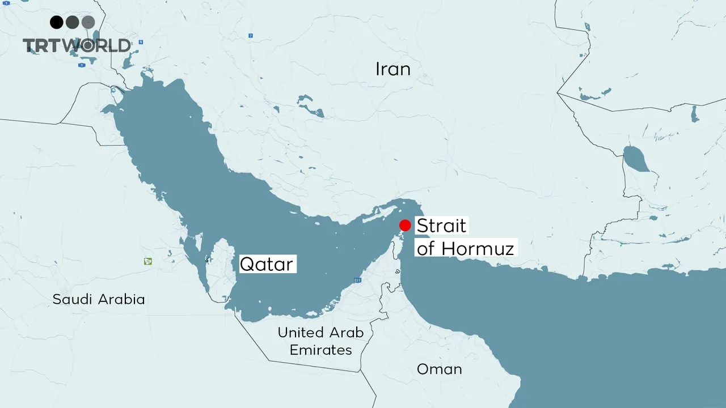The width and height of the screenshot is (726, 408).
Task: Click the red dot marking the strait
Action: pos(405,225)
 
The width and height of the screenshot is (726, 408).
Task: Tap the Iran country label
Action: pos(393,69)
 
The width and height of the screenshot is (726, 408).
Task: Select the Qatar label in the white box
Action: pos(267,264)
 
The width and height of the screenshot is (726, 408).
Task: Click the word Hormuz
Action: pos(478,248)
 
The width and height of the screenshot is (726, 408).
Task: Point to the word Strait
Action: pos(441,226)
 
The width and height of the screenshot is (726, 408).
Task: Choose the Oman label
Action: pos(439,369)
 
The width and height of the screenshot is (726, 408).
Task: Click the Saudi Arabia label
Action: pos(99,299)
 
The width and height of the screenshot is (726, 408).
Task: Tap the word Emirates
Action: pos(320,350)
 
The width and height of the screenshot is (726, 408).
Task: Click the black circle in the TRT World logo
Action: pos(56,22)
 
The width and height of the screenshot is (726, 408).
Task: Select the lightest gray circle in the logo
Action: pos(88,22)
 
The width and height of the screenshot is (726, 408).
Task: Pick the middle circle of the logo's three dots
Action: pos(72,22)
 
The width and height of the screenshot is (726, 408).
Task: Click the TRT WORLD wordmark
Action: pos(77,46)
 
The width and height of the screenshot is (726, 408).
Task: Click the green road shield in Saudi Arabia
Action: pos(148,261)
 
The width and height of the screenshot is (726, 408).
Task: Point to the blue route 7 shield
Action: pos(250,36)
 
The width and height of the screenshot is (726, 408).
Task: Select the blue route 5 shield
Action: pos(140,42)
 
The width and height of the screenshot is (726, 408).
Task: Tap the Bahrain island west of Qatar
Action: pos(208,260)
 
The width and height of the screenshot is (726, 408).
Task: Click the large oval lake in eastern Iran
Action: pos(636,159)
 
